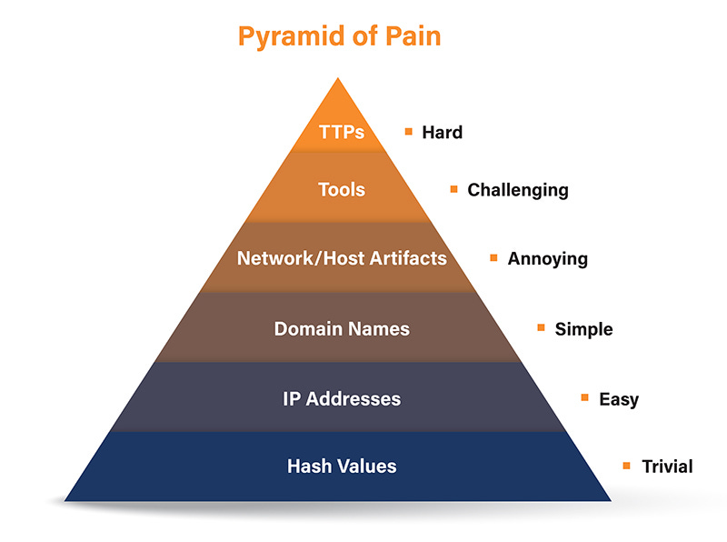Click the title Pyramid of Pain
340,37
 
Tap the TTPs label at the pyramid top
342,132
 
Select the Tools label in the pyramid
342,190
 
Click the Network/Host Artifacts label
342,258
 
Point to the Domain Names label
342,328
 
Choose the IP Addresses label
342,398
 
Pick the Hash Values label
342,467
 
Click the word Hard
442,132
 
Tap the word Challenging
517,190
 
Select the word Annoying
547,258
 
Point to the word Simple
583,328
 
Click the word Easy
618,398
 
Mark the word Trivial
666,467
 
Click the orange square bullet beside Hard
409,131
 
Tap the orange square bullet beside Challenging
453,189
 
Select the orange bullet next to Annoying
493,257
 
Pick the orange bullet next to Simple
541,327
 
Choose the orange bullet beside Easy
584,397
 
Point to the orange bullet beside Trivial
626,466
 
